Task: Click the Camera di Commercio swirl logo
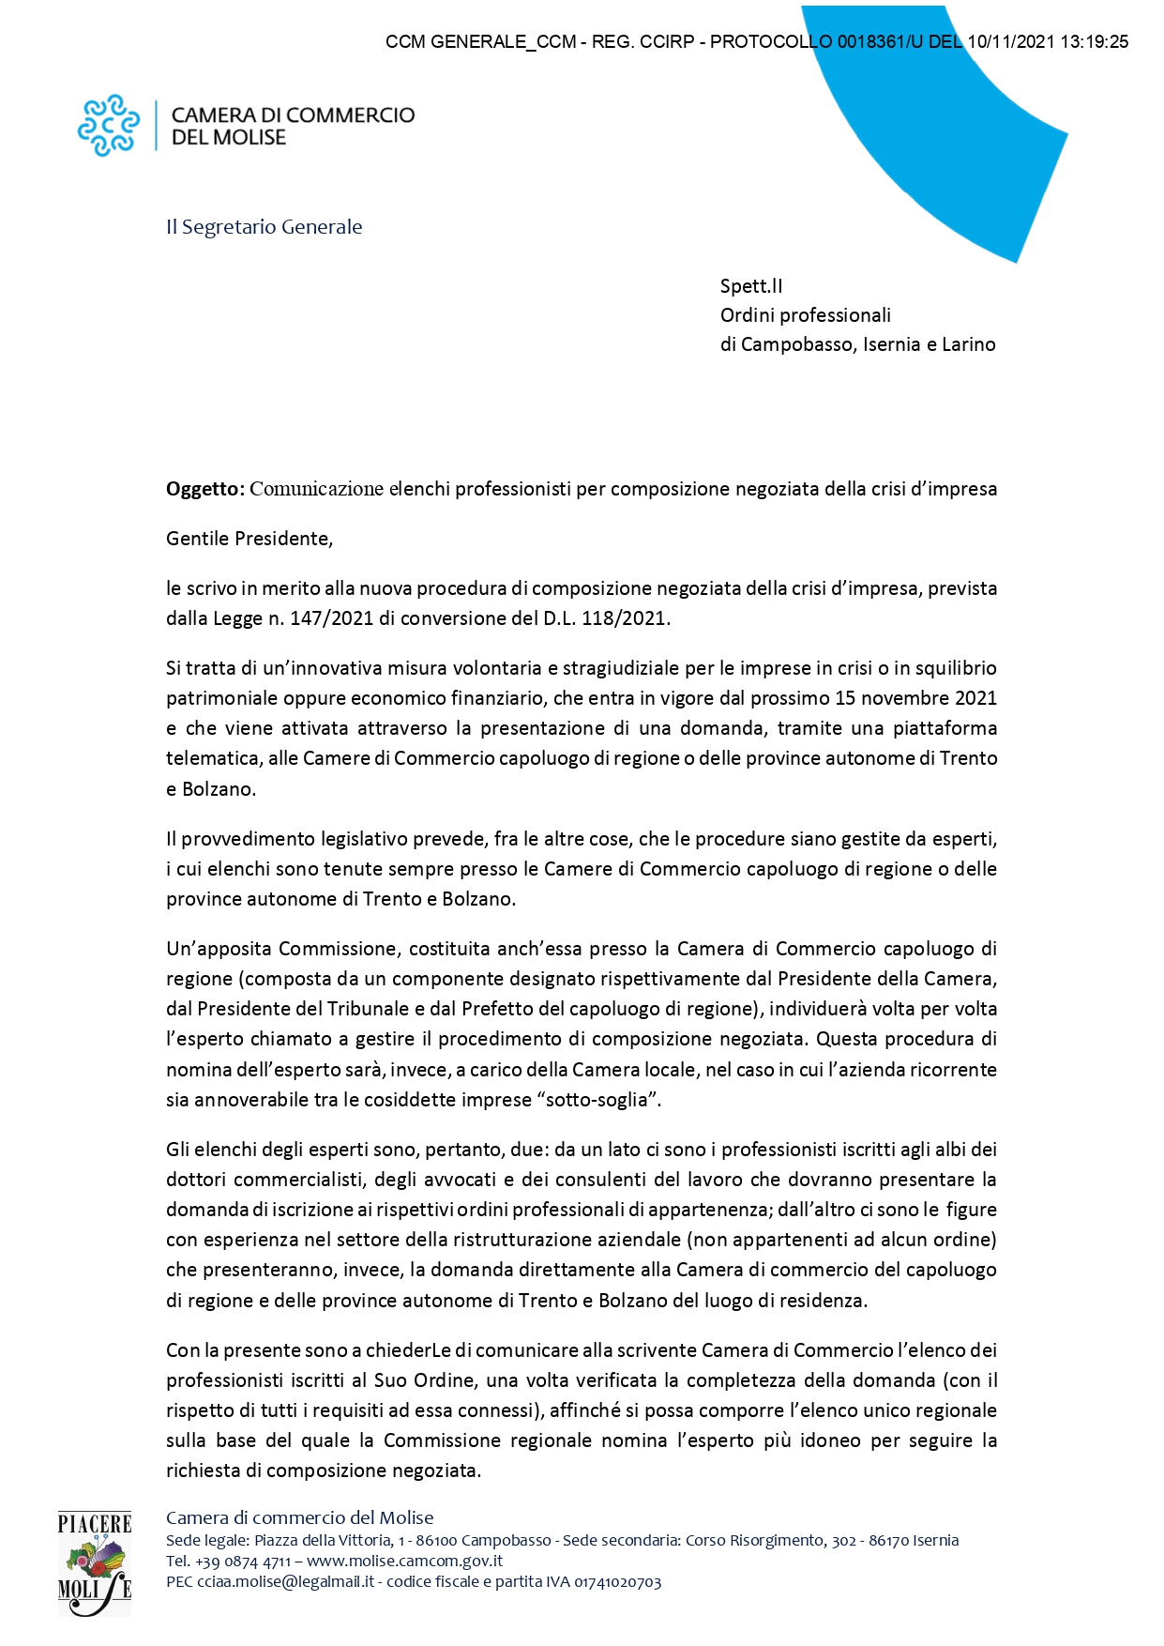(108, 125)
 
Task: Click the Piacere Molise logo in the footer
(94, 1563)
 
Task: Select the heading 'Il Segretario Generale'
(264, 227)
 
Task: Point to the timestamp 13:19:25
(1094, 42)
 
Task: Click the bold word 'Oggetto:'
(205, 489)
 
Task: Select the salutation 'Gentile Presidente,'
(249, 539)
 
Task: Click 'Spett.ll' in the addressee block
(750, 286)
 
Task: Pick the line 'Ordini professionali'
(805, 315)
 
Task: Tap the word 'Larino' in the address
(968, 344)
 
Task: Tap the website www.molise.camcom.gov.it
(404, 1561)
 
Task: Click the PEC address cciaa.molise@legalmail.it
(285, 1581)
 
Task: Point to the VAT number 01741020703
(617, 1581)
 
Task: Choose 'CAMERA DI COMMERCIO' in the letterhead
(293, 115)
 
